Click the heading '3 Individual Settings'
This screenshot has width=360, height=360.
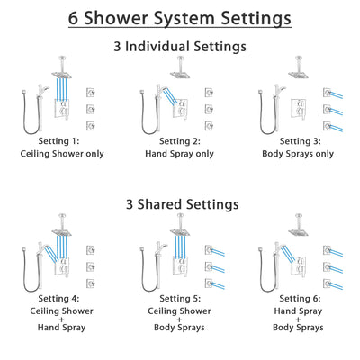pos(180,47)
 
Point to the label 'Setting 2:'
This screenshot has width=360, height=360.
pos(180,140)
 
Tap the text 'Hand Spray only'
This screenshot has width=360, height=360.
pos(180,153)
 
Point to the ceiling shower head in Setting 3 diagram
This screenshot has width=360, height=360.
pos(294,73)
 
